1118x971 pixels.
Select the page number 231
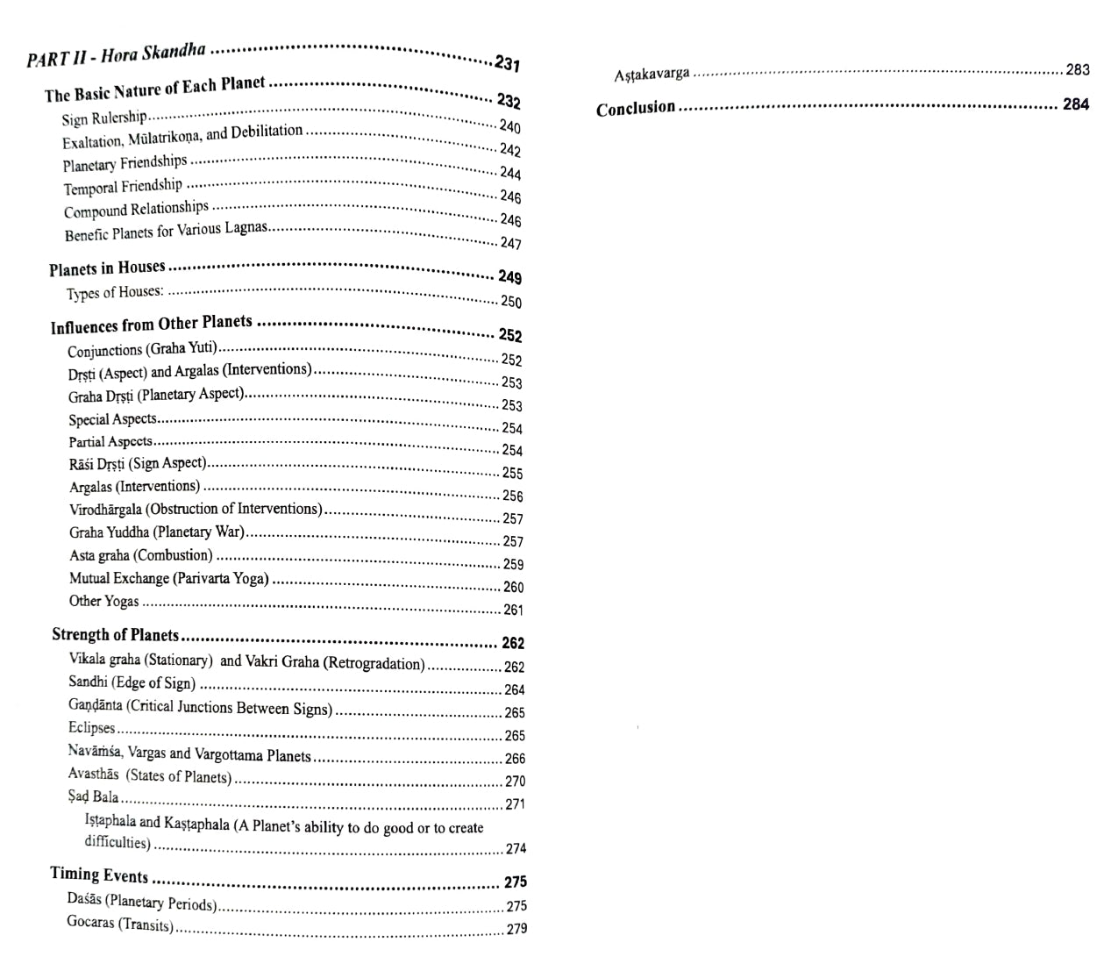click(507, 63)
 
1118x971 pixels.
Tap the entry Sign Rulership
click(104, 118)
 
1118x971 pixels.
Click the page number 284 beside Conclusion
click(1076, 104)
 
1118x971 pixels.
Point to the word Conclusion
click(636, 108)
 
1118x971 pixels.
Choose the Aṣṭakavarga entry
click(652, 74)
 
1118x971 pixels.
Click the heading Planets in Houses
click(107, 268)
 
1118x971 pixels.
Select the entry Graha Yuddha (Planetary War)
click(157, 532)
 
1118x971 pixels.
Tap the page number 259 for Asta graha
click(513, 564)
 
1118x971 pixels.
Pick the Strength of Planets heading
click(115, 635)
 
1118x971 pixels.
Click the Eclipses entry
click(92, 728)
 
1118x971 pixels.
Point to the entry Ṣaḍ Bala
click(94, 797)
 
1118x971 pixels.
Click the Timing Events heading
click(99, 875)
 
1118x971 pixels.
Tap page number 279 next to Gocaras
click(516, 929)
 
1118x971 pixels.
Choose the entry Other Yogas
click(104, 602)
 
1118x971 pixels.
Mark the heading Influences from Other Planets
click(151, 325)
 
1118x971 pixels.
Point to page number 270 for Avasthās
click(515, 781)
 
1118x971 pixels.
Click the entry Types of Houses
click(115, 293)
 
